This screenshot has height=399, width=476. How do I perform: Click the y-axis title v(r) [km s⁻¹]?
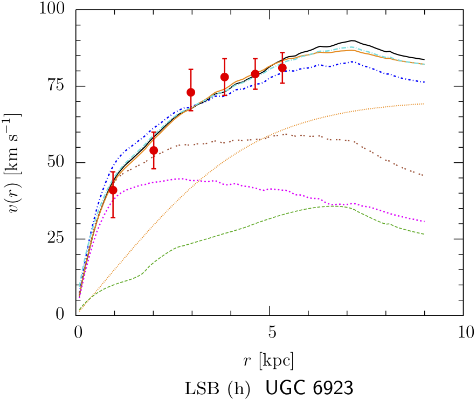point(16,162)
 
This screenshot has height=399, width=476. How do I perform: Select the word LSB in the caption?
point(200,388)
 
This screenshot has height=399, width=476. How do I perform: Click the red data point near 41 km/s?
point(113,190)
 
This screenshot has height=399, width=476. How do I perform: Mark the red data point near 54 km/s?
point(154,150)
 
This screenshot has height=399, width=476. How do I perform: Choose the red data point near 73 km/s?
point(191,92)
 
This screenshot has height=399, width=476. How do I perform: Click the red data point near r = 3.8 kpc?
point(225,77)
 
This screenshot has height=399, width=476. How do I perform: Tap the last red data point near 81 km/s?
point(282,67)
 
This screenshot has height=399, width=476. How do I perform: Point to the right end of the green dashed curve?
point(425,234)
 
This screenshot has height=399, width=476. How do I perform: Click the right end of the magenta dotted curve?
point(425,222)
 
